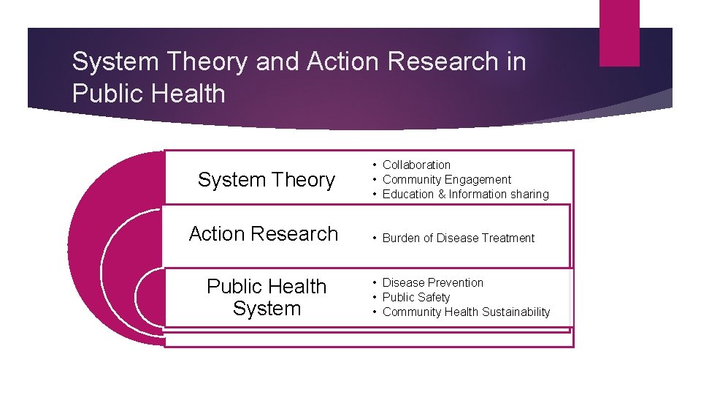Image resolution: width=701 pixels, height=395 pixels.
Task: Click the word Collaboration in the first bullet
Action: (x=416, y=165)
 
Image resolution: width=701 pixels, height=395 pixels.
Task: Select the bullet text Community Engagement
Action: (x=446, y=180)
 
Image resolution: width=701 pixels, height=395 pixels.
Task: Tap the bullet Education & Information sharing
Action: (x=465, y=195)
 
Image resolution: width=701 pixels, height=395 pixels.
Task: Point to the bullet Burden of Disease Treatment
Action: (x=458, y=238)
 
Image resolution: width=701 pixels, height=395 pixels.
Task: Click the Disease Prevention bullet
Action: (x=432, y=283)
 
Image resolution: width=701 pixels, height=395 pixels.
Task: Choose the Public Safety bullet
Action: (x=415, y=298)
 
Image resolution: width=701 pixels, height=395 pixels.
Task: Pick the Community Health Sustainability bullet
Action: (x=466, y=312)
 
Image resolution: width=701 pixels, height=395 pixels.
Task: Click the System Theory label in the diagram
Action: (x=266, y=180)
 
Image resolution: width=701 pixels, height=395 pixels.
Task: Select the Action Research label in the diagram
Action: (x=264, y=234)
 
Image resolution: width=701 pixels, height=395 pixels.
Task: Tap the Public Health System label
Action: (x=267, y=297)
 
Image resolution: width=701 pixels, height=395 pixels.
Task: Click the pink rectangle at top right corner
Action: (x=619, y=32)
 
